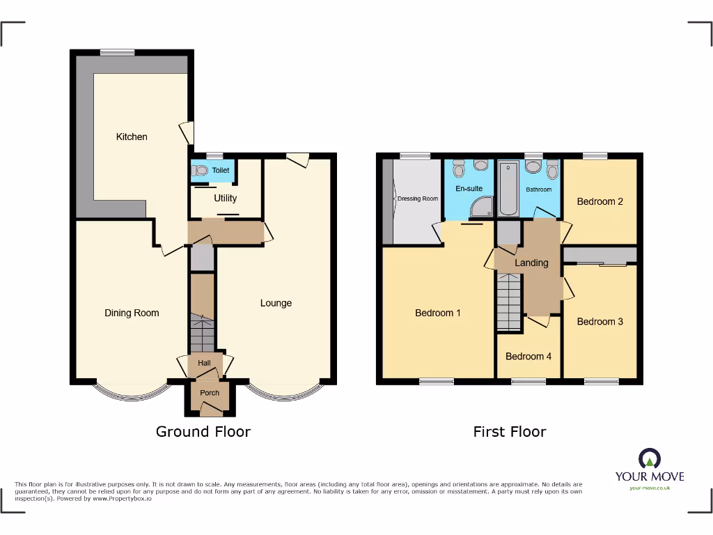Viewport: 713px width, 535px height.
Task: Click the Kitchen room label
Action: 132,137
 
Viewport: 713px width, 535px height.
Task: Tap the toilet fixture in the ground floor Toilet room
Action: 201,169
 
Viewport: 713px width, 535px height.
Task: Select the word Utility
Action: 225,199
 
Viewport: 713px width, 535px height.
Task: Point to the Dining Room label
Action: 132,313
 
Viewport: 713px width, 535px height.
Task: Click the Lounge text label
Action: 276,303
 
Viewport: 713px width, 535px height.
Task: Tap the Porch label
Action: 210,393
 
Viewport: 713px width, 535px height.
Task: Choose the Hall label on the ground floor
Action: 204,363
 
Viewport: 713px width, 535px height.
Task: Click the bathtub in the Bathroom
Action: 506,189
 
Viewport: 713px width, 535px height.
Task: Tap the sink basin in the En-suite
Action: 481,166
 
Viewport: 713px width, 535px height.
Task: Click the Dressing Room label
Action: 418,199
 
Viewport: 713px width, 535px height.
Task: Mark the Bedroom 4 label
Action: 528,357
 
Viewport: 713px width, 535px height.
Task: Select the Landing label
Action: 531,263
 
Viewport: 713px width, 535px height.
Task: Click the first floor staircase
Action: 509,302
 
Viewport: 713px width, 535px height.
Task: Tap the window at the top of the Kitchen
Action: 117,52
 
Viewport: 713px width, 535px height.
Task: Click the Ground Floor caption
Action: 203,432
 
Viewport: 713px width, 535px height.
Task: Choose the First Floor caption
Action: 510,432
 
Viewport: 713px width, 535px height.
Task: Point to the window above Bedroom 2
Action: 593,156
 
